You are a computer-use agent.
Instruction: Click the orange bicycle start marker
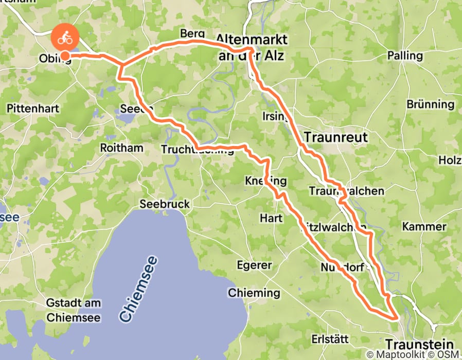pos(65,38)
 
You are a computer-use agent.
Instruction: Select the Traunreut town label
pos(336,137)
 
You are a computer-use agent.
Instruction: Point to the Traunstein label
pos(419,345)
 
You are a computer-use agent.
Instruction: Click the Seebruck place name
pos(165,204)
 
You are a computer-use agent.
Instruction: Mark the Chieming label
pos(254,294)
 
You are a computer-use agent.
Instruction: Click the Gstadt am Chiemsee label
pos(74,311)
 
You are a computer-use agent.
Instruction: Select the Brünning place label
pos(430,104)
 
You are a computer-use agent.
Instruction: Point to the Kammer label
pos(424,227)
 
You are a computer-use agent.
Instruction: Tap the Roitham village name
pos(122,148)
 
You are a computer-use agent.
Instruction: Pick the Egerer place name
pos(254,265)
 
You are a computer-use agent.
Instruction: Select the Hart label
pos(271,219)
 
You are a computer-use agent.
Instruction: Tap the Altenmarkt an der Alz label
pos(257,46)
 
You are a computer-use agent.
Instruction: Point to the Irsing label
pos(273,116)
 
